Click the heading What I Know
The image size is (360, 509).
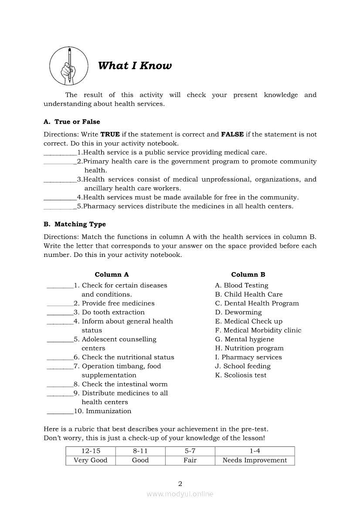coord(135,66)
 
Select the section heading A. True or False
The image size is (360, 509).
coord(71,122)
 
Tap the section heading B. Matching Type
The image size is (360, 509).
coord(75,224)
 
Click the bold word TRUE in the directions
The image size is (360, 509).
coord(110,135)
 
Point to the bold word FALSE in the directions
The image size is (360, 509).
coord(232,135)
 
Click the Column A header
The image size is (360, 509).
coord(112,275)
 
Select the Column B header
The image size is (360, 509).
coord(248,275)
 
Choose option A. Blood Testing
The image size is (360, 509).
coord(241,286)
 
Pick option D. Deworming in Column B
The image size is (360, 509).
coord(238,313)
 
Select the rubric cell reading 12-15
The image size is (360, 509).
coord(90,452)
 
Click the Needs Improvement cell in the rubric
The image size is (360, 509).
coord(255,461)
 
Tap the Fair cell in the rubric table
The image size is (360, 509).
coord(190,461)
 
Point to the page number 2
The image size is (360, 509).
coord(180,483)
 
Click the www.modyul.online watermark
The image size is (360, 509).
coord(180,494)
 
